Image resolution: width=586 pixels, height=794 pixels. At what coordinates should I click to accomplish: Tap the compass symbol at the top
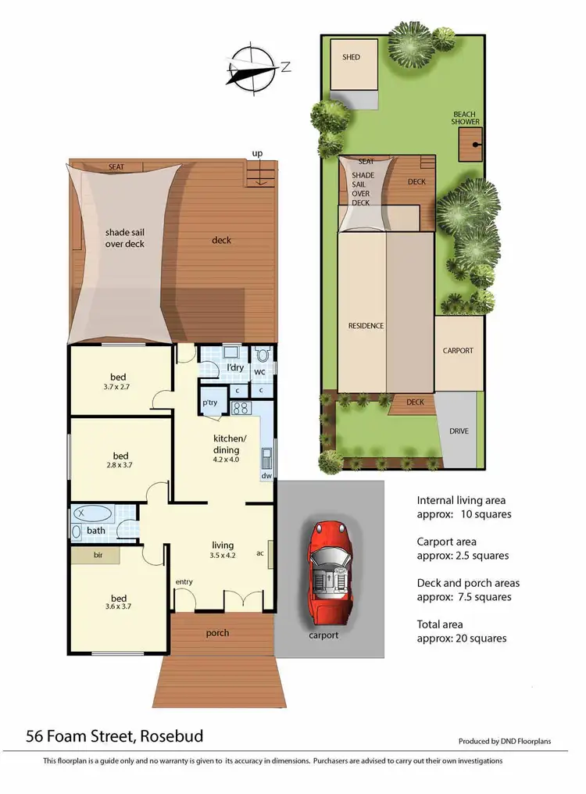pos(253,66)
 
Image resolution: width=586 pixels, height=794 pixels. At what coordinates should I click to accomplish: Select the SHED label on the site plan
pos(352,57)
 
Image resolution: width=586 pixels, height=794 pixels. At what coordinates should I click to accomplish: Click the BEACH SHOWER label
pos(464,118)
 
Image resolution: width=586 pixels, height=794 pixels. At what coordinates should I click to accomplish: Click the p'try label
pos(209,402)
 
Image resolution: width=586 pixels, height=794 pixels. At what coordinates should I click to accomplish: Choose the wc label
pos(259,372)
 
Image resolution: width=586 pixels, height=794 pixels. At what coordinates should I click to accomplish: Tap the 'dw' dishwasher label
pos(266,475)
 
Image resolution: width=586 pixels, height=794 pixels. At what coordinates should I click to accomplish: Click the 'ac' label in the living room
pos(259,553)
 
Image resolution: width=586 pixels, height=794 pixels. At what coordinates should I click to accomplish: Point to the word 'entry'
pos(184,581)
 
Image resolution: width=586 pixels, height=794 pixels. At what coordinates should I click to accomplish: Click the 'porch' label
pos(218,632)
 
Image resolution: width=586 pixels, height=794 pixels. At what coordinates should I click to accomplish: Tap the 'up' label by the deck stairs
pos(255,152)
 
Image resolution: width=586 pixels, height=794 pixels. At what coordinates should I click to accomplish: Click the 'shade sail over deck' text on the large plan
pos(125,238)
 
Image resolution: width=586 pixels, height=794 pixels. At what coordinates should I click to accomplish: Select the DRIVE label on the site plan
pos(459,431)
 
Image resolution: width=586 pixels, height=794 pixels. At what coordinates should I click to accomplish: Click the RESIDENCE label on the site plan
pos(366,325)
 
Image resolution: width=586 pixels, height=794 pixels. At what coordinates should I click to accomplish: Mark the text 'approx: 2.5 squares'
pos(463,556)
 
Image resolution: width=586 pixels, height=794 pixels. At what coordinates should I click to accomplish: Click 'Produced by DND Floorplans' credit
pos(506,741)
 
